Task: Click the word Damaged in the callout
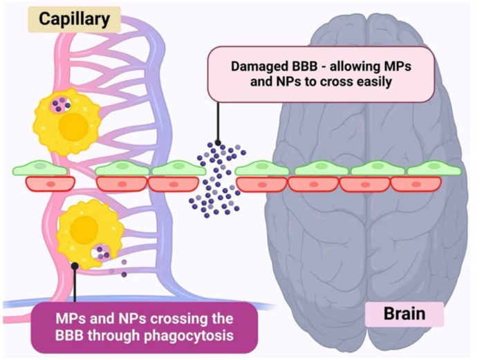258,68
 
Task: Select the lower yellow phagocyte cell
89,231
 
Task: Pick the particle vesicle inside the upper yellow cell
61,104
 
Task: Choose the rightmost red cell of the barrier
415,184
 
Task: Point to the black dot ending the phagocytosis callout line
75,265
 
